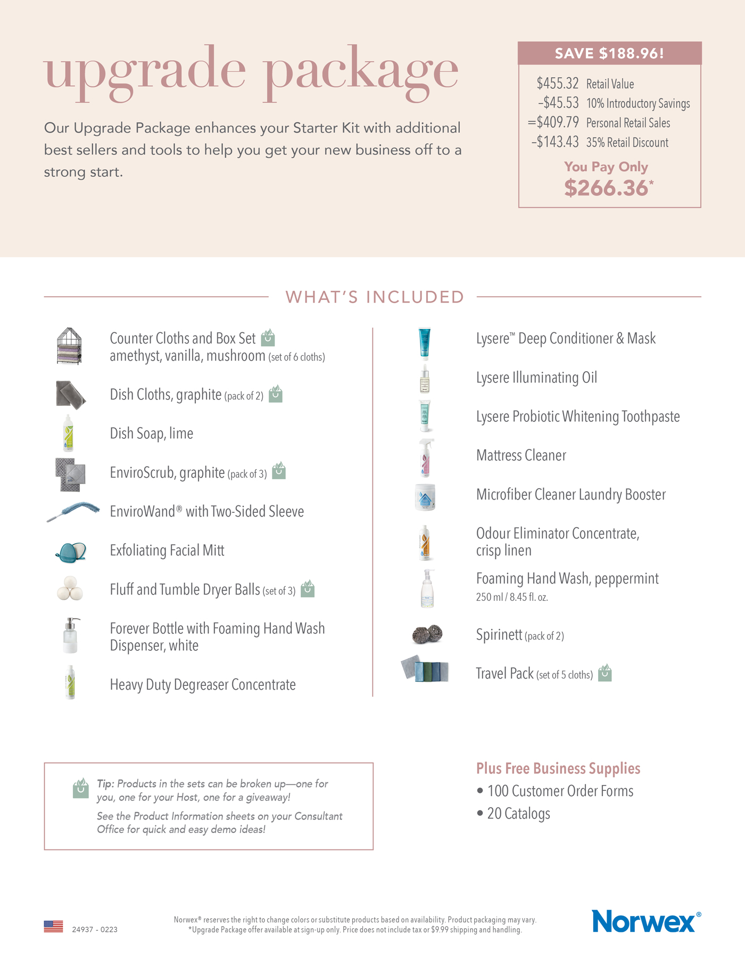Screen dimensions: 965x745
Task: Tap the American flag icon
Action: click(x=53, y=927)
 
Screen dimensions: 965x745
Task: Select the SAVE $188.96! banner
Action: click(x=609, y=53)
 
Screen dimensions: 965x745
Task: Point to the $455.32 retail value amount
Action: click(x=557, y=84)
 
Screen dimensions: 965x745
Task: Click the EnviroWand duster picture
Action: click(x=73, y=511)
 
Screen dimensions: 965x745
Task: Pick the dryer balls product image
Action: click(x=70, y=589)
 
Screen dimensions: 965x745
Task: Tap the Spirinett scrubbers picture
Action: click(x=427, y=634)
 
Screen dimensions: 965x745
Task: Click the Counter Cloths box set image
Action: click(x=70, y=346)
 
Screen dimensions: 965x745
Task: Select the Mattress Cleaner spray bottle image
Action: click(x=426, y=457)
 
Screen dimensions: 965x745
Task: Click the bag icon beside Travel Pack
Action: click(x=605, y=673)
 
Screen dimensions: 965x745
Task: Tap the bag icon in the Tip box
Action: click(x=80, y=788)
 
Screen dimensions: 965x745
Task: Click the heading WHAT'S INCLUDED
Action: click(x=375, y=297)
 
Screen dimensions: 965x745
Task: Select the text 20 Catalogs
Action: click(x=518, y=814)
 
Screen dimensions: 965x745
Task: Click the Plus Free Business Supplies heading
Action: click(x=558, y=768)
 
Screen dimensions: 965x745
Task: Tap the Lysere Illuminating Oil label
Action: click(x=536, y=378)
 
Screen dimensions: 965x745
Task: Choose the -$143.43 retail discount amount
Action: click(x=555, y=142)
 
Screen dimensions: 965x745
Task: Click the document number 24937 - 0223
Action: click(x=95, y=930)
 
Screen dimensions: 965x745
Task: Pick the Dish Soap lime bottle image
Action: click(x=68, y=434)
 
